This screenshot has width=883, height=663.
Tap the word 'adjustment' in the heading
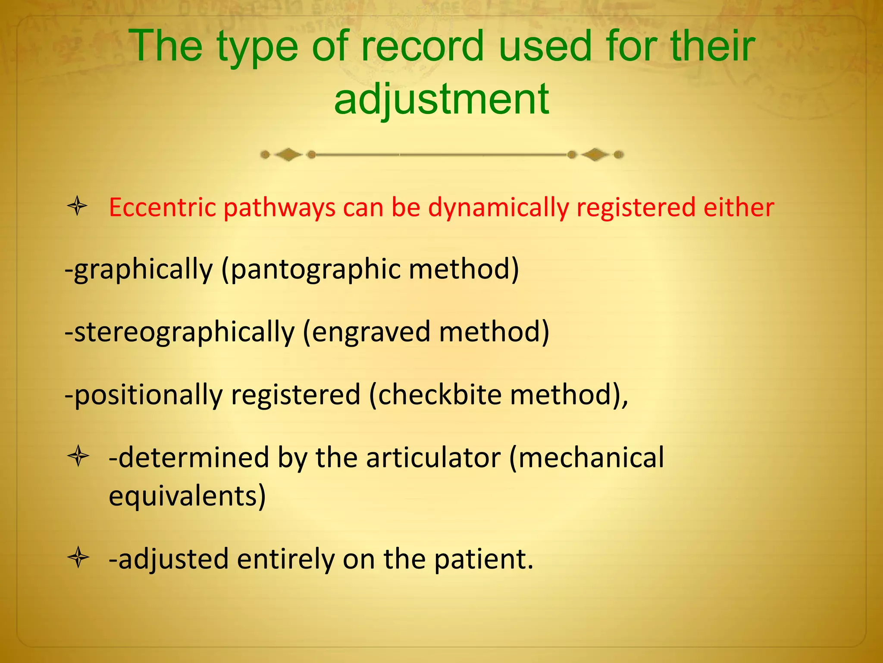tap(441, 100)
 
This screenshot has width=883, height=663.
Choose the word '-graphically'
tap(139, 270)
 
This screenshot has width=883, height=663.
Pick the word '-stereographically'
tap(179, 332)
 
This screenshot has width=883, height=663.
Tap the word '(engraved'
tap(366, 332)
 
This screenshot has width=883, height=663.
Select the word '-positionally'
tap(143, 395)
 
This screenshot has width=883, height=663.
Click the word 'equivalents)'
tap(187, 496)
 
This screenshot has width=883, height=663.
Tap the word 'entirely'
tap(285, 559)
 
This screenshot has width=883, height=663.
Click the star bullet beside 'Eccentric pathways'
tap(78, 206)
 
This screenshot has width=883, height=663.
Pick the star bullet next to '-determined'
tap(78, 457)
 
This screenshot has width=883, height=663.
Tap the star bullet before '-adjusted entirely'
tap(78, 558)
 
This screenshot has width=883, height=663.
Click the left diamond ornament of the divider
tap(288, 155)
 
